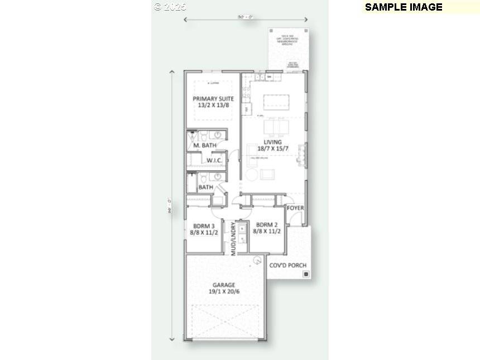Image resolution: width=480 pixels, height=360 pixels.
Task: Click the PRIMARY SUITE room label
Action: tap(213, 99)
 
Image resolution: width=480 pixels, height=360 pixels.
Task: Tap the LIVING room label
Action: tap(273, 142)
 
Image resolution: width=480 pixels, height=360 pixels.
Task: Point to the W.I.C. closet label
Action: tap(215, 161)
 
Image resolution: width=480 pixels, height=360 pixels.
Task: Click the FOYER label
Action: tap(295, 208)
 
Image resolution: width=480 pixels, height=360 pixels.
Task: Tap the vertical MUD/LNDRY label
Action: tap(234, 239)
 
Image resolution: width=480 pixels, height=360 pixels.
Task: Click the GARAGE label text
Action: tap(223, 285)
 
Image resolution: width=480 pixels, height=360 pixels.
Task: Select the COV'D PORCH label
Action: tap(287, 265)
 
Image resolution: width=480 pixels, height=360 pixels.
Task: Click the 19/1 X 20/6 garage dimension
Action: tap(223, 291)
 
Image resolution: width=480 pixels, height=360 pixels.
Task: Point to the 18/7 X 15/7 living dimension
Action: tap(273, 148)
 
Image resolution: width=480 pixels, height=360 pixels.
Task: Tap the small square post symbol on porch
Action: tap(305, 274)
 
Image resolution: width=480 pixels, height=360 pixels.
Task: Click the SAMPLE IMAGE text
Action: tap(403, 7)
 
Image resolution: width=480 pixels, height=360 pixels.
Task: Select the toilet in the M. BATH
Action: tap(204, 136)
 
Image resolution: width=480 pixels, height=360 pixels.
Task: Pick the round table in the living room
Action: tap(252, 175)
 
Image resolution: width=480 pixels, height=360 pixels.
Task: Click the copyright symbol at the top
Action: tap(157, 7)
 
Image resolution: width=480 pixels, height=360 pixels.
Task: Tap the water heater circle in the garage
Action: tap(257, 260)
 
